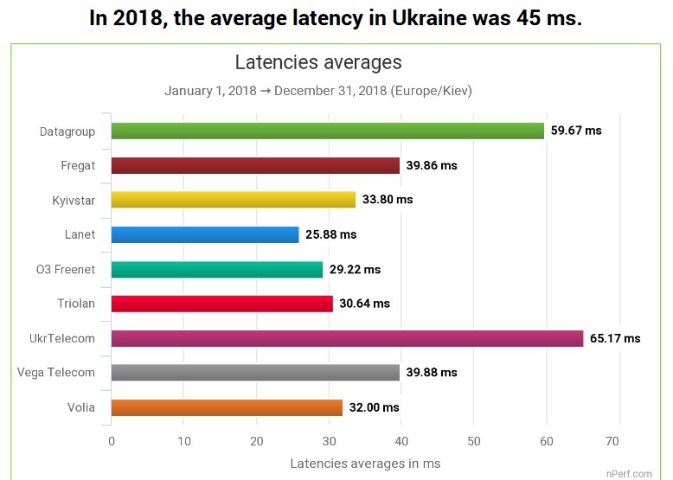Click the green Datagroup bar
tap(327, 131)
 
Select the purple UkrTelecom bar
tap(347, 338)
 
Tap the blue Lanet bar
tap(205, 234)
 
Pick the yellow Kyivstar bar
tap(234, 200)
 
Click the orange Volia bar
tap(227, 407)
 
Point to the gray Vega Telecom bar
tap(255, 373)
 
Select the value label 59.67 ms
tap(576, 131)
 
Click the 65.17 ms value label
tap(615, 338)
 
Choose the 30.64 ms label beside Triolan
tap(364, 304)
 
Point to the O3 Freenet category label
tap(66, 269)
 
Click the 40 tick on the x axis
tap(401, 442)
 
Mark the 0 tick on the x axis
tap(112, 442)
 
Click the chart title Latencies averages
tap(318, 63)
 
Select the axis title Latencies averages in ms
tap(365, 464)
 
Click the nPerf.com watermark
tap(629, 473)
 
